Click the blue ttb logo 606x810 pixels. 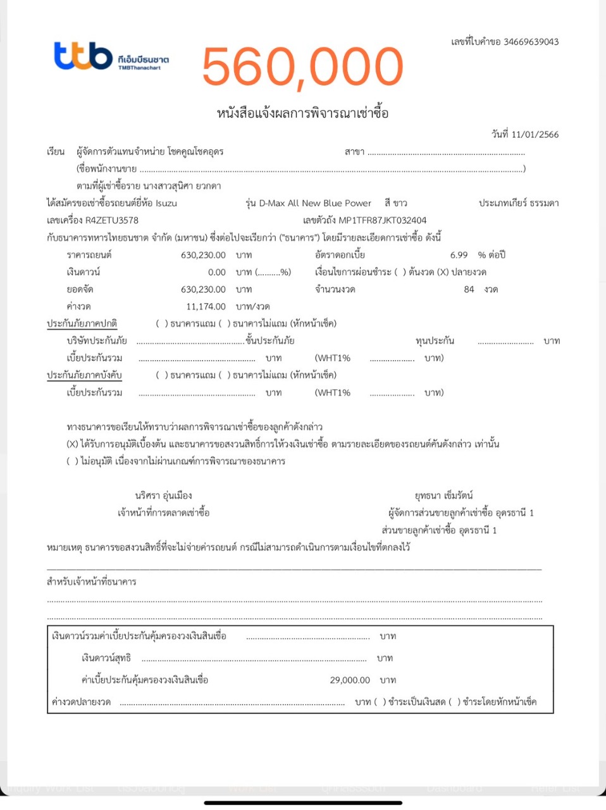pyautogui.click(x=83, y=56)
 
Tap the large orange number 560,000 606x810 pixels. pyautogui.click(x=302, y=66)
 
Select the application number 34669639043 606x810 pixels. pyautogui.click(x=531, y=42)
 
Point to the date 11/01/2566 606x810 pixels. pyautogui.click(x=535, y=134)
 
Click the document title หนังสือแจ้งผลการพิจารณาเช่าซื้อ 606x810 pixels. pyautogui.click(x=302, y=114)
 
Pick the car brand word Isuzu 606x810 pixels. pyautogui.click(x=166, y=203)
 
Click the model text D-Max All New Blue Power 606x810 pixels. pyautogui.click(x=315, y=203)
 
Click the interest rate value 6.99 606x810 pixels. pyautogui.click(x=459, y=255)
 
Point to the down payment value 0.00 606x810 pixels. pyautogui.click(x=216, y=272)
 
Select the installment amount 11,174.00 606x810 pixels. pyautogui.click(x=206, y=306)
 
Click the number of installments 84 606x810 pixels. pyautogui.click(x=469, y=289)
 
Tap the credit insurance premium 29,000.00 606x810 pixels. pyautogui.click(x=350, y=680)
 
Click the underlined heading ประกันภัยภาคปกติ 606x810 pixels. pyautogui.click(x=82, y=323)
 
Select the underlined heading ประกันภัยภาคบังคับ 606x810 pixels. pyautogui.click(x=84, y=375)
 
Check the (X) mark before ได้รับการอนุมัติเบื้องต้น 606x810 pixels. pyautogui.click(x=72, y=444)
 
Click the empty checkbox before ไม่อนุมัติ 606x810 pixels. pyautogui.click(x=72, y=461)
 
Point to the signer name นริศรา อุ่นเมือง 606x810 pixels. pyautogui.click(x=163, y=495)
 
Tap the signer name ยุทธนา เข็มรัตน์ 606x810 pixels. pyautogui.click(x=443, y=495)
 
